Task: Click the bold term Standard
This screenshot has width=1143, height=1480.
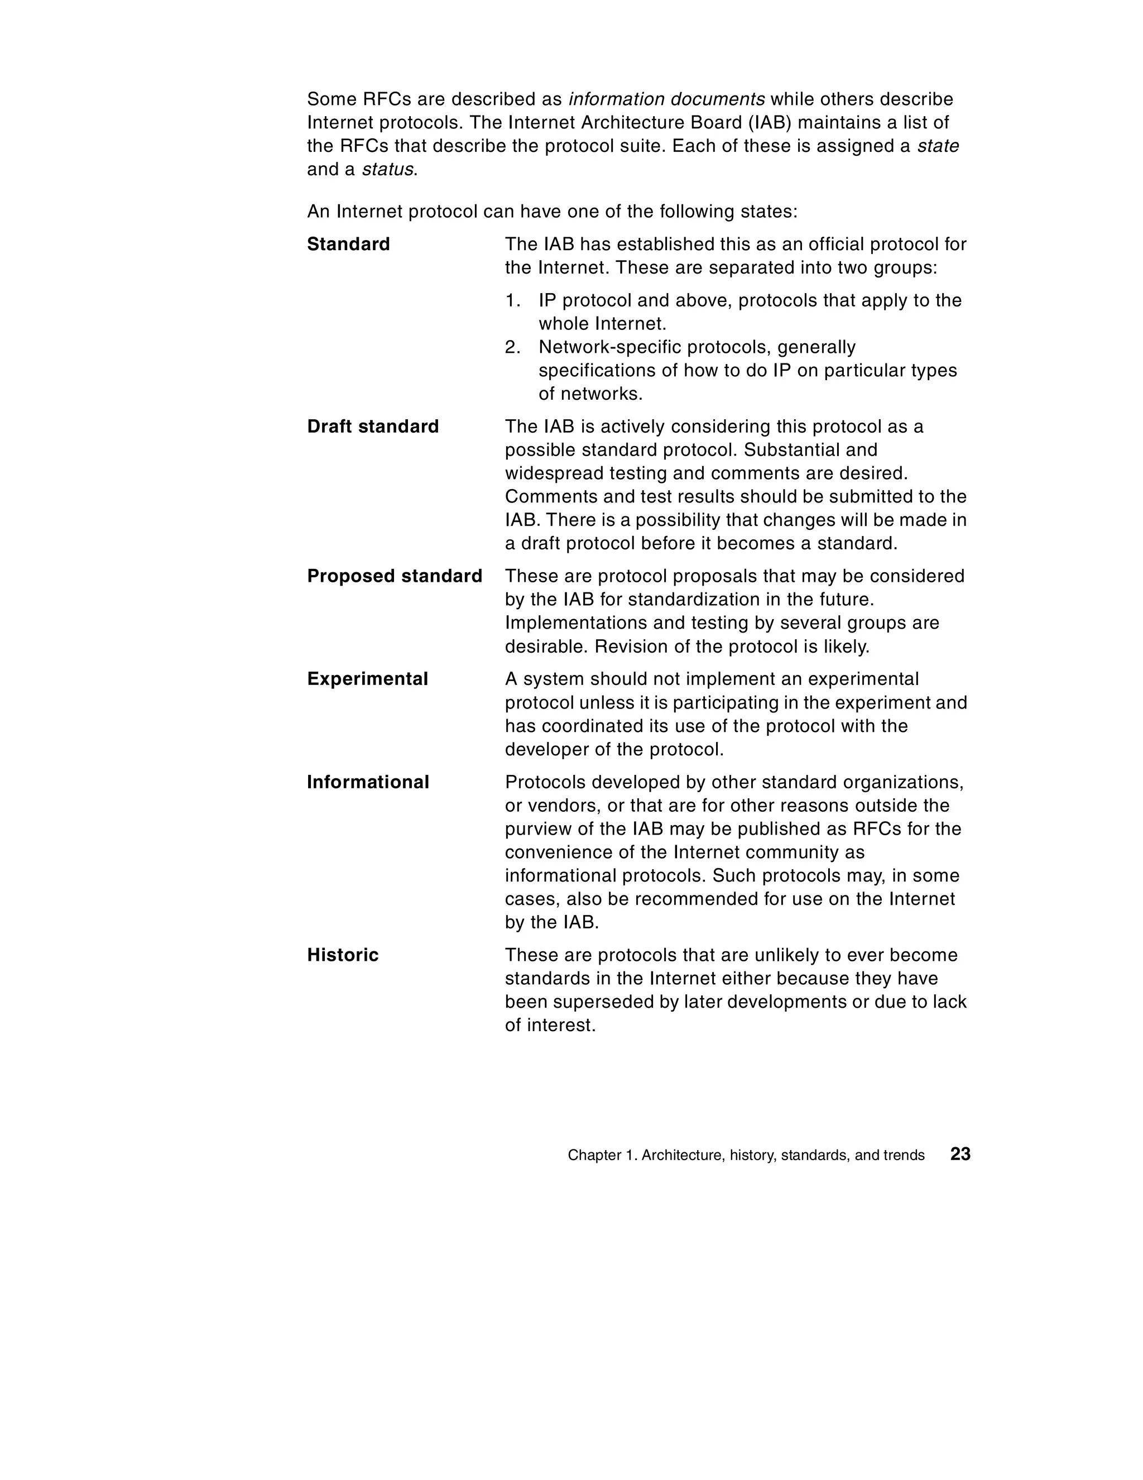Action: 348,244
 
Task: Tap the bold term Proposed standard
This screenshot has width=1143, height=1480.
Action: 395,576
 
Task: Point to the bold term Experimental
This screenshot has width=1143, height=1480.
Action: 367,679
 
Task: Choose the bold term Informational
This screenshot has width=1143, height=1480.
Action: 368,782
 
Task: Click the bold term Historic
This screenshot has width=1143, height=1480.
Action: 343,955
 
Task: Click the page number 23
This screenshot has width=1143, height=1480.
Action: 960,1154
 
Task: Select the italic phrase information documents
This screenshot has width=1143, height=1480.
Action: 666,99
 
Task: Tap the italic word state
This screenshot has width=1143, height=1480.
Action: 938,146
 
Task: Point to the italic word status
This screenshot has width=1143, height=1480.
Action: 387,169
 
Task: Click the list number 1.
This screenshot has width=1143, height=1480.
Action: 512,300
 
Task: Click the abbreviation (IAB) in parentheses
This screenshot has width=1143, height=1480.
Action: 769,123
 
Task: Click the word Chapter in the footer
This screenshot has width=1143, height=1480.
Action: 590,1156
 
